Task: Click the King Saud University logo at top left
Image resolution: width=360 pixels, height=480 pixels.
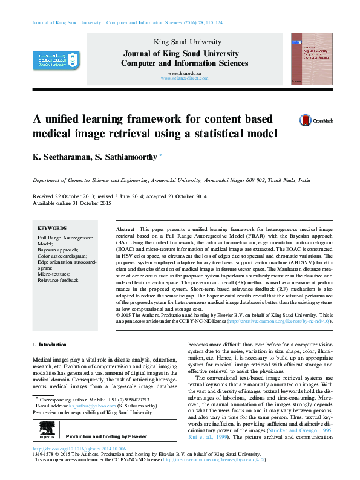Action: click(x=57, y=60)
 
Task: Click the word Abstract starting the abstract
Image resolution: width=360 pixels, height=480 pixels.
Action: click(x=125, y=230)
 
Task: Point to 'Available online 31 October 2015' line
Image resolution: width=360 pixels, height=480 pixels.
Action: click(x=72, y=203)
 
